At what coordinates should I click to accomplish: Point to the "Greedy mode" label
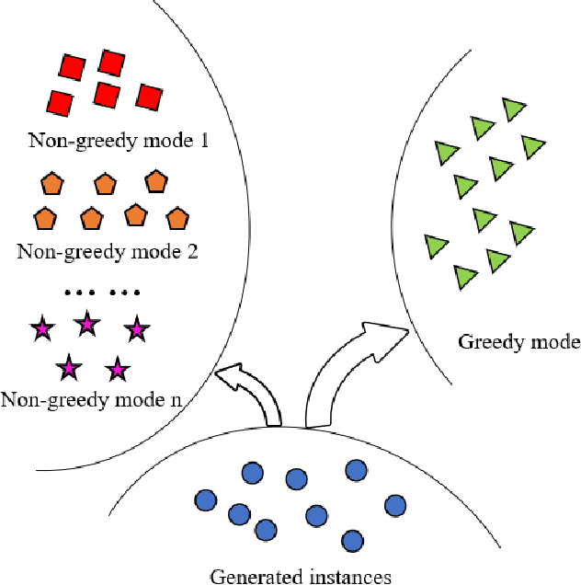[x=518, y=342]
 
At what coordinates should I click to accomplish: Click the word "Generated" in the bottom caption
[x=251, y=577]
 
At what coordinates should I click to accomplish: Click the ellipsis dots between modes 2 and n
[x=102, y=293]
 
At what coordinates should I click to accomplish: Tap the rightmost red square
[x=149, y=97]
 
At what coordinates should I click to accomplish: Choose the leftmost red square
[x=60, y=102]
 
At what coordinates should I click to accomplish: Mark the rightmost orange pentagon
[x=177, y=218]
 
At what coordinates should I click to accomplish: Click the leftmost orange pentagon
[x=43, y=218]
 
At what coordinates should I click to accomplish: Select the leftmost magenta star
[x=41, y=328]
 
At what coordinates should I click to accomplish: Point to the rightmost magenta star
[x=136, y=328]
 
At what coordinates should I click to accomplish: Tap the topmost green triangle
[x=514, y=109]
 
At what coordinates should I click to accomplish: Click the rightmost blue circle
[x=395, y=505]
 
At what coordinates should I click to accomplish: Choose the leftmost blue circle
[x=206, y=500]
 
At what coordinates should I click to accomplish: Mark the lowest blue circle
[x=350, y=539]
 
